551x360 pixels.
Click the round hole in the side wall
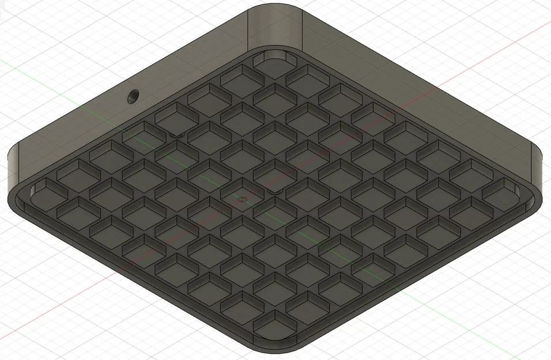(x=133, y=96)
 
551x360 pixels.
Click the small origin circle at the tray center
(x=242, y=199)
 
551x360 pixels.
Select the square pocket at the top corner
(x=275, y=60)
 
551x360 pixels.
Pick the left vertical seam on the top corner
(x=248, y=29)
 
